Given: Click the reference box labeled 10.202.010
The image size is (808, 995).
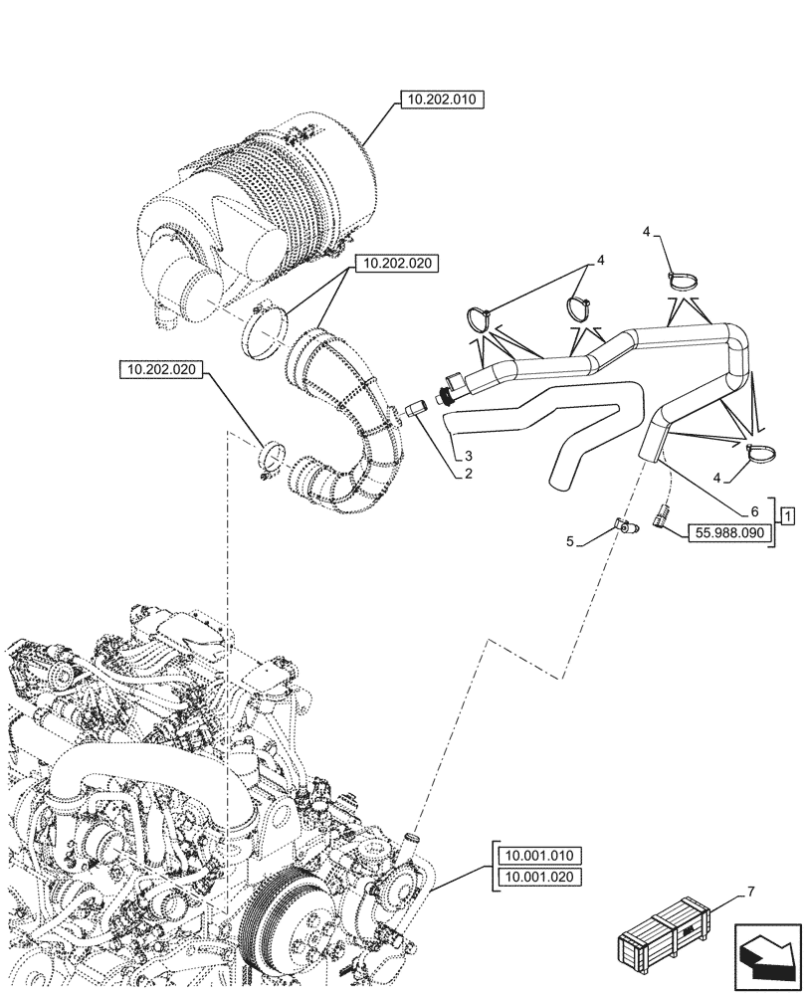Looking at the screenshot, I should (x=441, y=99).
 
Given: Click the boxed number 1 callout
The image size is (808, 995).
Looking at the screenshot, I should (x=787, y=515).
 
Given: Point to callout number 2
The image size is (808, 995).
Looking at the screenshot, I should (x=466, y=473).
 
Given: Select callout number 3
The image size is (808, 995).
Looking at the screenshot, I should (x=466, y=455).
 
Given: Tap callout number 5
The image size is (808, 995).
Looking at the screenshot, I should (x=569, y=542).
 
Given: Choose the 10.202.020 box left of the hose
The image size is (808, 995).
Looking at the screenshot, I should (x=160, y=371).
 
